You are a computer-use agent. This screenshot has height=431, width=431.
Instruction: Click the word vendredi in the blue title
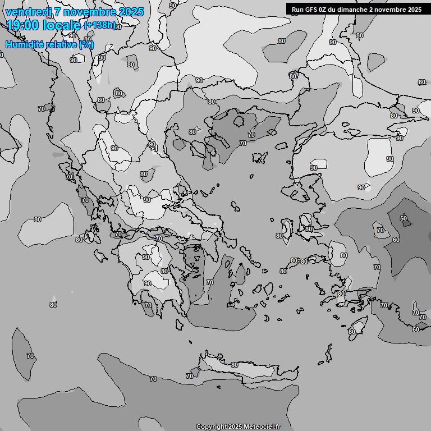pyautogui.click(x=28, y=12)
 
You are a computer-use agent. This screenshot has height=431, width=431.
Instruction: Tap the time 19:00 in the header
pyautogui.click(x=22, y=25)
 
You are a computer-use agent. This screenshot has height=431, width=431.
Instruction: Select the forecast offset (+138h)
pyautogui.click(x=99, y=25)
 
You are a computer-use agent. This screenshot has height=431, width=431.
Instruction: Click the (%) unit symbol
pyautogui.click(x=86, y=44)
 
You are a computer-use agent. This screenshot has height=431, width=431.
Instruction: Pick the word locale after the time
pyautogui.click(x=61, y=25)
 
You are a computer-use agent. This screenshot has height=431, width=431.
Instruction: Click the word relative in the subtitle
pyautogui.click(x=63, y=44)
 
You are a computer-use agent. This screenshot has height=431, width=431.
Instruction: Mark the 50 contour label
pyautogui.click(x=403, y=218)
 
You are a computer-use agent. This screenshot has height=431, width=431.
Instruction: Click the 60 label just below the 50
pyautogui.click(x=396, y=240)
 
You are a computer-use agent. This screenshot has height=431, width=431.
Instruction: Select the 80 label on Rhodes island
pyautogui.click(x=352, y=332)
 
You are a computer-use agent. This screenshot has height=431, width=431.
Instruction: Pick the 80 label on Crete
pyautogui.click(x=235, y=365)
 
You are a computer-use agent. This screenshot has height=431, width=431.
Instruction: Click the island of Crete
pyautogui.click(x=247, y=370)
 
